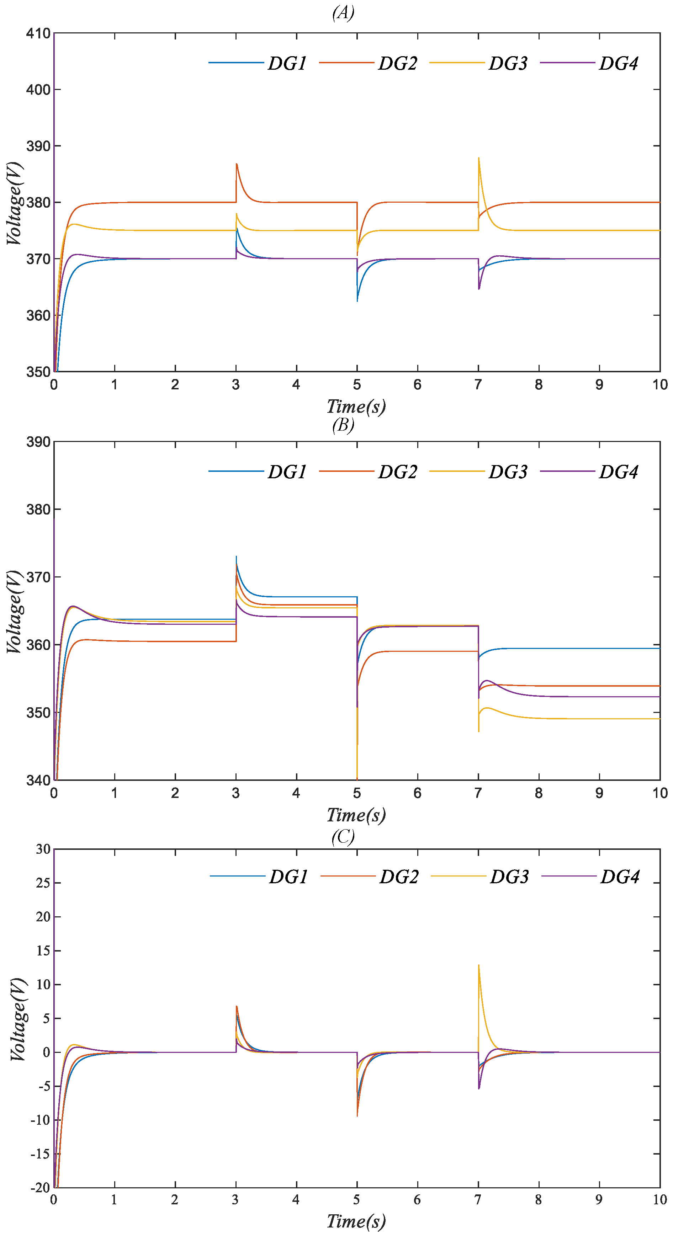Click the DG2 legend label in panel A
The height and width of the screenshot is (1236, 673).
(397, 63)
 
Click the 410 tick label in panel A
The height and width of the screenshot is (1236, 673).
(38, 33)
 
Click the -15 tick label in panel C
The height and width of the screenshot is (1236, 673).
(40, 1154)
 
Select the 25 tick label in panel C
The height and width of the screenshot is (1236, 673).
(43, 883)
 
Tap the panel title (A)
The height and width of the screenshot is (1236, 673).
(343, 12)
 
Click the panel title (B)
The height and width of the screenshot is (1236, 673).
(343, 425)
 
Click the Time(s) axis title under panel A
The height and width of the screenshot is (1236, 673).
(356, 406)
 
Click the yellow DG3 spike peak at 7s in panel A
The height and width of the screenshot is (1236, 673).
(478, 158)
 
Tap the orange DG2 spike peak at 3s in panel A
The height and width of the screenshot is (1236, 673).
(237, 164)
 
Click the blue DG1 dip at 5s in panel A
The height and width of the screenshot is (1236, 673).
(357, 301)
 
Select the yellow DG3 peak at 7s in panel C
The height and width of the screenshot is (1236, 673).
(478, 965)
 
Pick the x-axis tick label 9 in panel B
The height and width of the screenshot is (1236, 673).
(599, 793)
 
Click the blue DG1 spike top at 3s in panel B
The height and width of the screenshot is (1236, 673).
(236, 556)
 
